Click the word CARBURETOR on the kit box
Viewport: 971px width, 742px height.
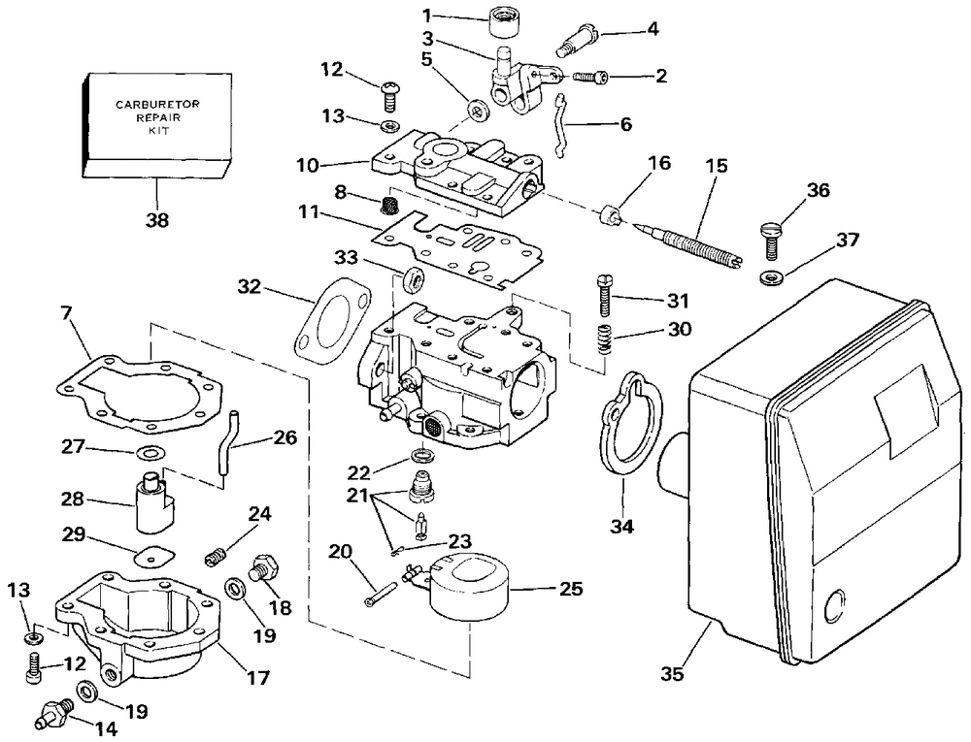tap(157, 105)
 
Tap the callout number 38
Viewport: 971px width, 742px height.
tap(156, 219)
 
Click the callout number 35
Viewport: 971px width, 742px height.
tap(672, 673)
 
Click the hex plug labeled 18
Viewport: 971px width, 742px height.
tap(264, 567)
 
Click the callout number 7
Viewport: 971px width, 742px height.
tap(67, 314)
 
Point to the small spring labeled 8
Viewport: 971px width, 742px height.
tap(387, 205)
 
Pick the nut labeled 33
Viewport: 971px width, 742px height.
tap(413, 280)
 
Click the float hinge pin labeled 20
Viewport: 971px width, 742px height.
tap(379, 595)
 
